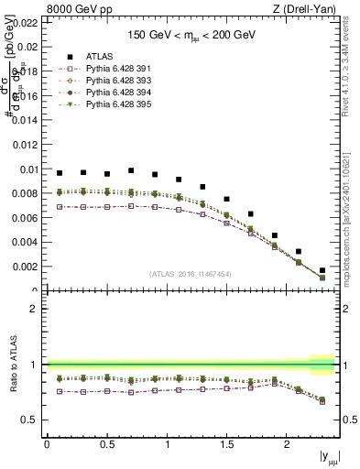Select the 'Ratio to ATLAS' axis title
pos(13,364)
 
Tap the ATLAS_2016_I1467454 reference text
pos(191,274)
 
